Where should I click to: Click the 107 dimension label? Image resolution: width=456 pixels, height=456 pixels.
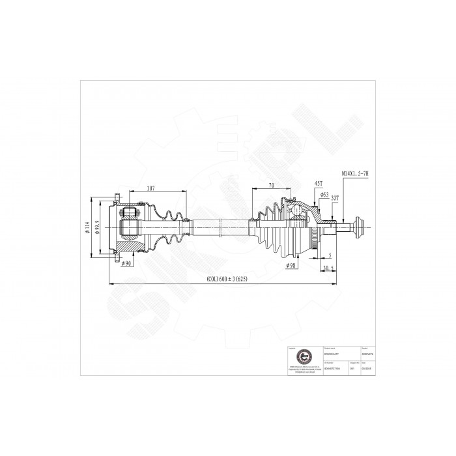coord(150,188)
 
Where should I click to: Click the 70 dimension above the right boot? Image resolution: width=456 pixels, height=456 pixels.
coord(270,185)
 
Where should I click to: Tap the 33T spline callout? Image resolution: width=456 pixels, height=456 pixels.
coord(334,197)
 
